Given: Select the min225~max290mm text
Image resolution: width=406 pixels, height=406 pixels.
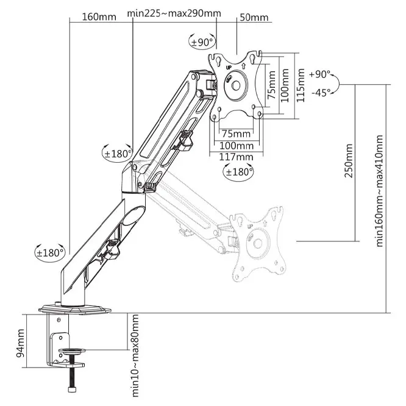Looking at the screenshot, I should [174, 13].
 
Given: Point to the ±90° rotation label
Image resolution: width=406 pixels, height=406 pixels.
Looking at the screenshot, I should [203, 41].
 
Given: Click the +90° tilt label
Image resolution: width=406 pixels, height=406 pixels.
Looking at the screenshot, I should [320, 74].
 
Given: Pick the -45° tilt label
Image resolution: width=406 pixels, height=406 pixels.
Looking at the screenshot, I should [321, 92].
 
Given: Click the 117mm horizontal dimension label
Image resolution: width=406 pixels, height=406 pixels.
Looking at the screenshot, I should [236, 157].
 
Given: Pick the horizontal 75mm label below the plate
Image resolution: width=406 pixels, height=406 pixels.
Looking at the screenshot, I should [235, 134].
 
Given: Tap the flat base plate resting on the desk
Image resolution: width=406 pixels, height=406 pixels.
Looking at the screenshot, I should [76, 310].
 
